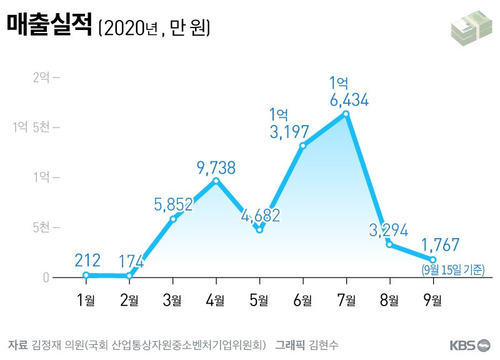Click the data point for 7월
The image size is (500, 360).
[346, 114]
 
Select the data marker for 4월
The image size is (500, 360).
[216, 181]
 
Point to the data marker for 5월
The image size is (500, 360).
[259, 229]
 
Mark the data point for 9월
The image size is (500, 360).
[432, 259]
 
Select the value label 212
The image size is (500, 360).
[86, 259]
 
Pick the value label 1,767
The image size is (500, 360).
[441, 244]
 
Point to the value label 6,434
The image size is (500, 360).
[349, 99]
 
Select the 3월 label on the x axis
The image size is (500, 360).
[172, 300]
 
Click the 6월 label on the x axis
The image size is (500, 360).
[302, 300]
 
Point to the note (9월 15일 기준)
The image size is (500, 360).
[453, 270]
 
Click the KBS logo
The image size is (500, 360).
[469, 345]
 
